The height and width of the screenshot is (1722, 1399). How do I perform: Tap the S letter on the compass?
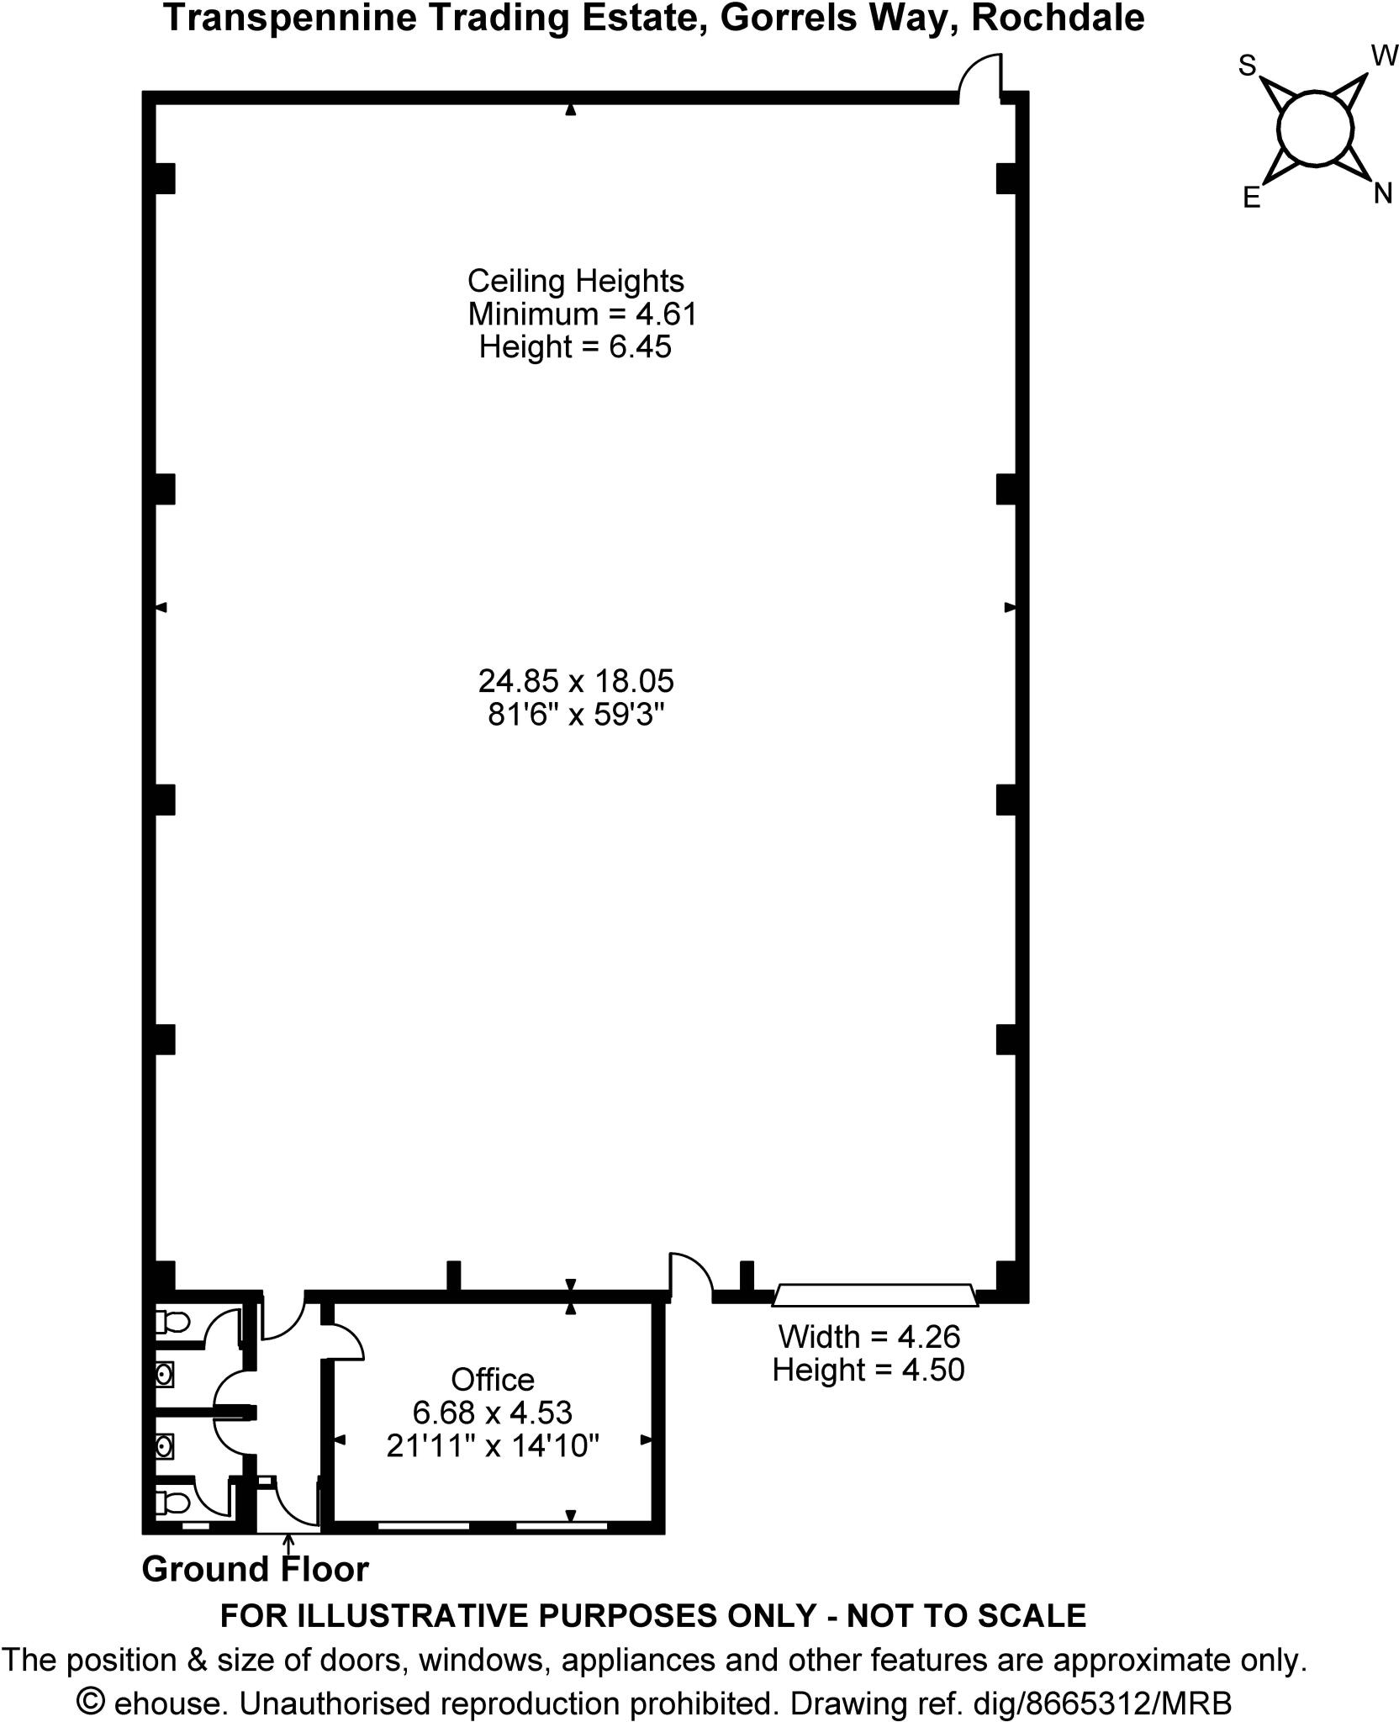click(1247, 66)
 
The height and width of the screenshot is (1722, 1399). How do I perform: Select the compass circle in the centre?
click(1315, 129)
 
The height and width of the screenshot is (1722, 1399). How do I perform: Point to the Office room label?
click(492, 1380)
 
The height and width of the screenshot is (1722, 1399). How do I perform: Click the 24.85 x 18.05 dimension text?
click(576, 680)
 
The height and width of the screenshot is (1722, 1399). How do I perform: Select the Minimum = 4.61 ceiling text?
click(583, 314)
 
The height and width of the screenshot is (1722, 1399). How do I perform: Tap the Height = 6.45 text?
click(575, 347)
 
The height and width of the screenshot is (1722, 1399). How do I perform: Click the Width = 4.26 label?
click(868, 1336)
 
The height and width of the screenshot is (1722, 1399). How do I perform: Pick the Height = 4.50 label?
click(868, 1370)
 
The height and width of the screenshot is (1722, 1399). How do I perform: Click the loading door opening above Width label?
click(874, 1296)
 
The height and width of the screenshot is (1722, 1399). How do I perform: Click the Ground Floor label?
click(255, 1570)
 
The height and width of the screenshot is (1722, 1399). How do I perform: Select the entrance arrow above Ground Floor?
click(288, 1540)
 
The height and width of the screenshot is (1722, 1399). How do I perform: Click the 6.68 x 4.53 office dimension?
click(492, 1413)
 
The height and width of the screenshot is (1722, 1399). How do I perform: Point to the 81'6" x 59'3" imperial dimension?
click(576, 715)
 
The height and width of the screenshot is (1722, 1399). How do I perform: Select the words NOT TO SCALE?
click(966, 1615)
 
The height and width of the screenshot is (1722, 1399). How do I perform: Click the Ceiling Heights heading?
click(575, 281)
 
